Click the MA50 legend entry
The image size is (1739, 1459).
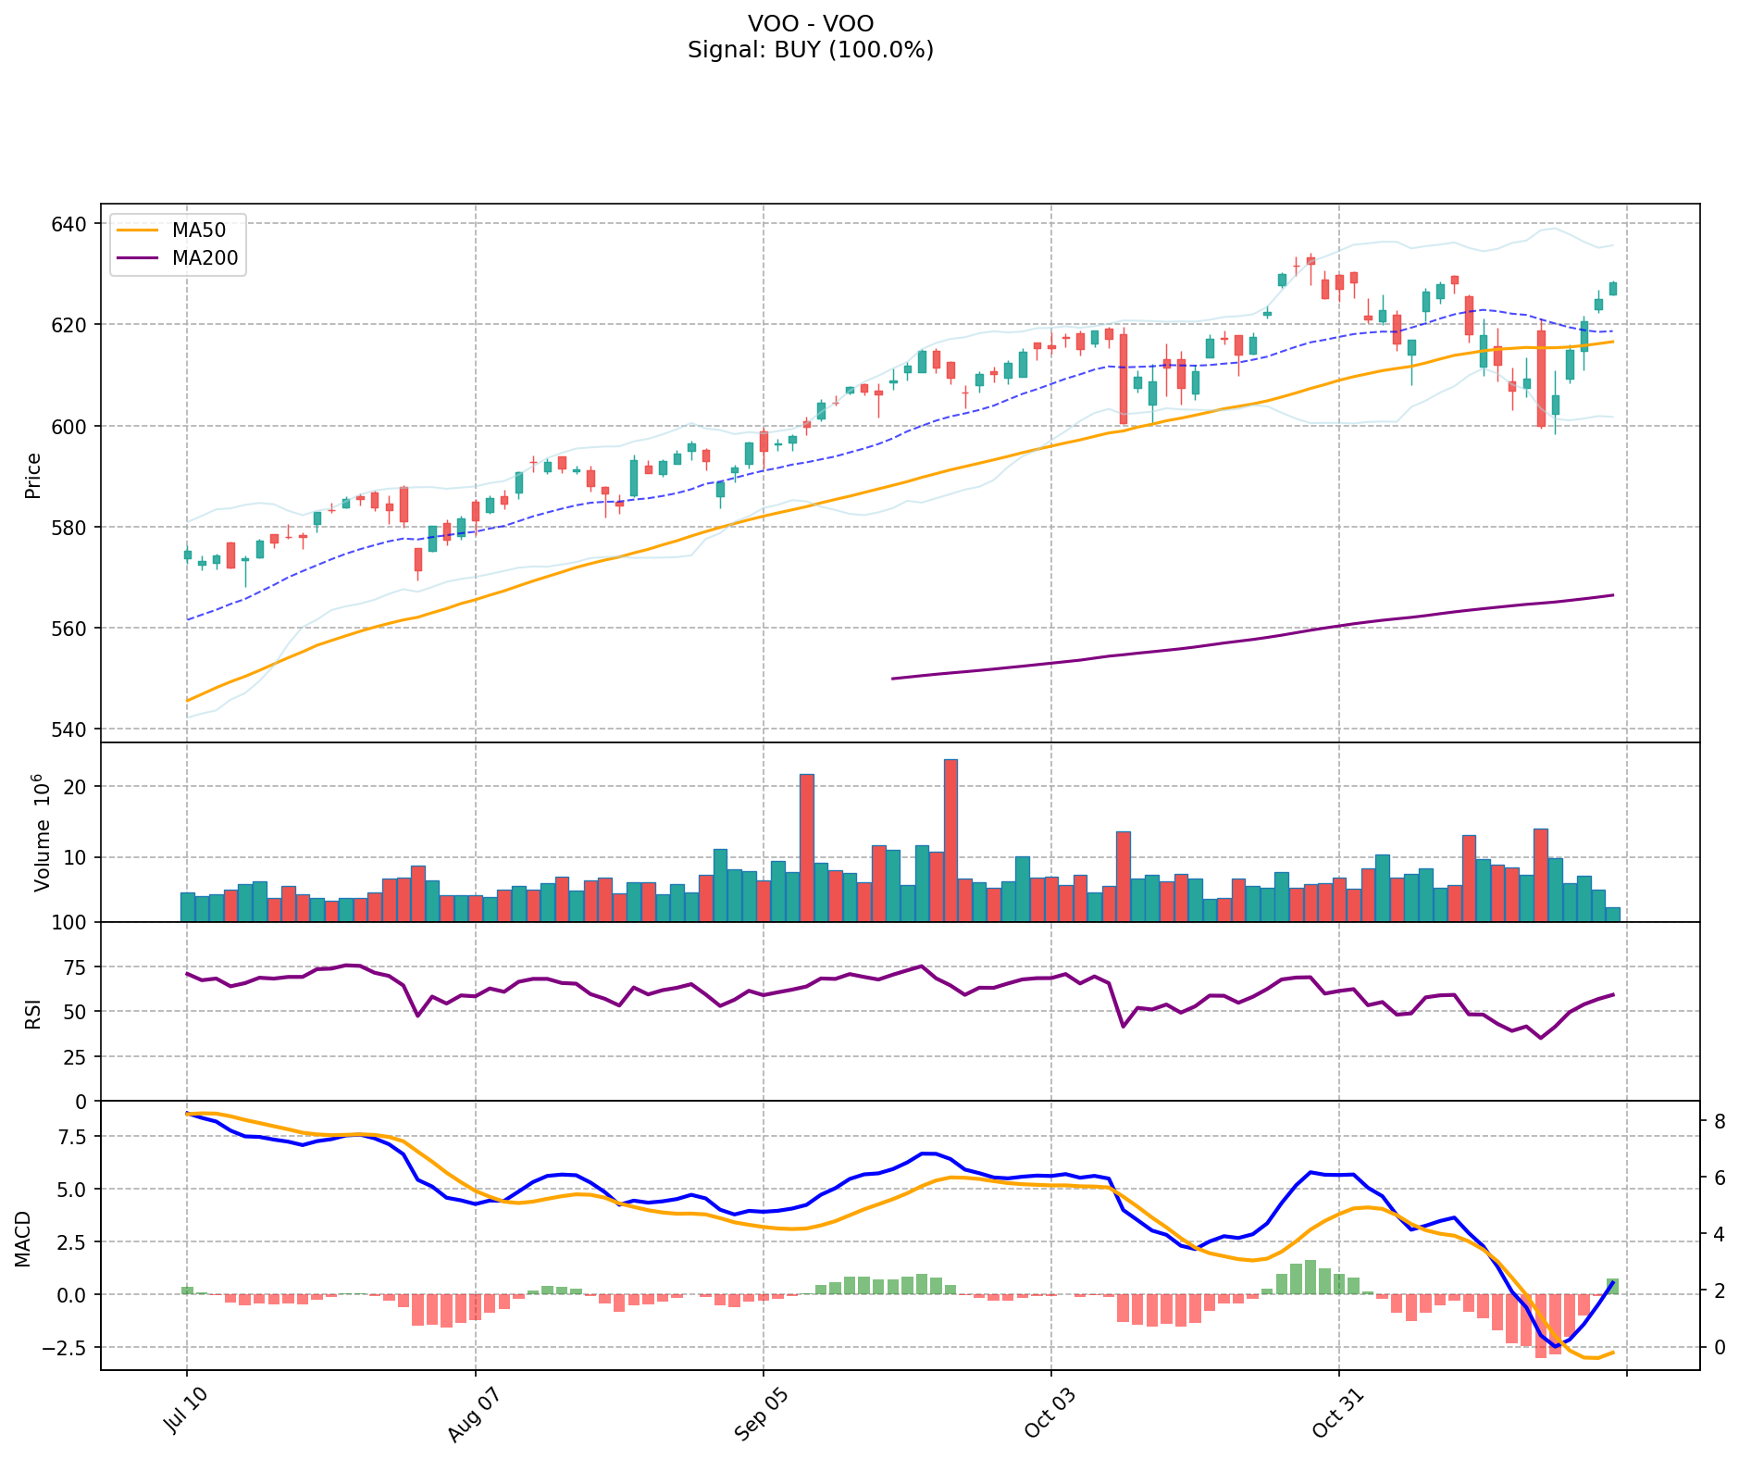pyautogui.click(x=198, y=230)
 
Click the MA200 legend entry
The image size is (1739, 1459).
pyautogui.click(x=205, y=258)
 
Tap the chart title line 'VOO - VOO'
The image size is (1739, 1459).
pyautogui.click(x=810, y=23)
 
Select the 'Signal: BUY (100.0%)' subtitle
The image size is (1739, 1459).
pyautogui.click(x=810, y=50)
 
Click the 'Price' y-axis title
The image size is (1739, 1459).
pyautogui.click(x=33, y=475)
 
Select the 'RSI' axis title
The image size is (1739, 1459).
pyautogui.click(x=33, y=1012)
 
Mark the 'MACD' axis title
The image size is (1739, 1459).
pyautogui.click(x=23, y=1239)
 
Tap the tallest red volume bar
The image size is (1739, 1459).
pyautogui.click(x=950, y=840)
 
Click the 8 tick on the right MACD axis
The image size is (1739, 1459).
pyautogui.click(x=1719, y=1121)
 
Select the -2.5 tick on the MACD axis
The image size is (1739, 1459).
pyautogui.click(x=64, y=1347)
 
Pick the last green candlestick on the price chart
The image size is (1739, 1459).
pyautogui.click(x=1613, y=289)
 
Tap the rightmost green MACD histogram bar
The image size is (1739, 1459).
pyautogui.click(x=1612, y=1286)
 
